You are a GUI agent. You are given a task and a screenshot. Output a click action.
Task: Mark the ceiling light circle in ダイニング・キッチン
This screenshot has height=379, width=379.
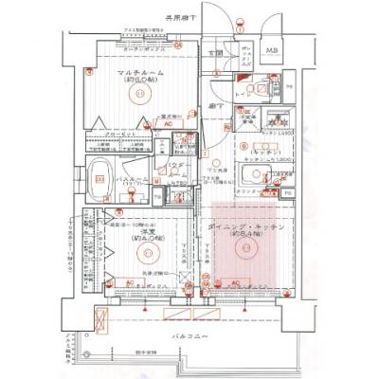click(247, 248)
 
